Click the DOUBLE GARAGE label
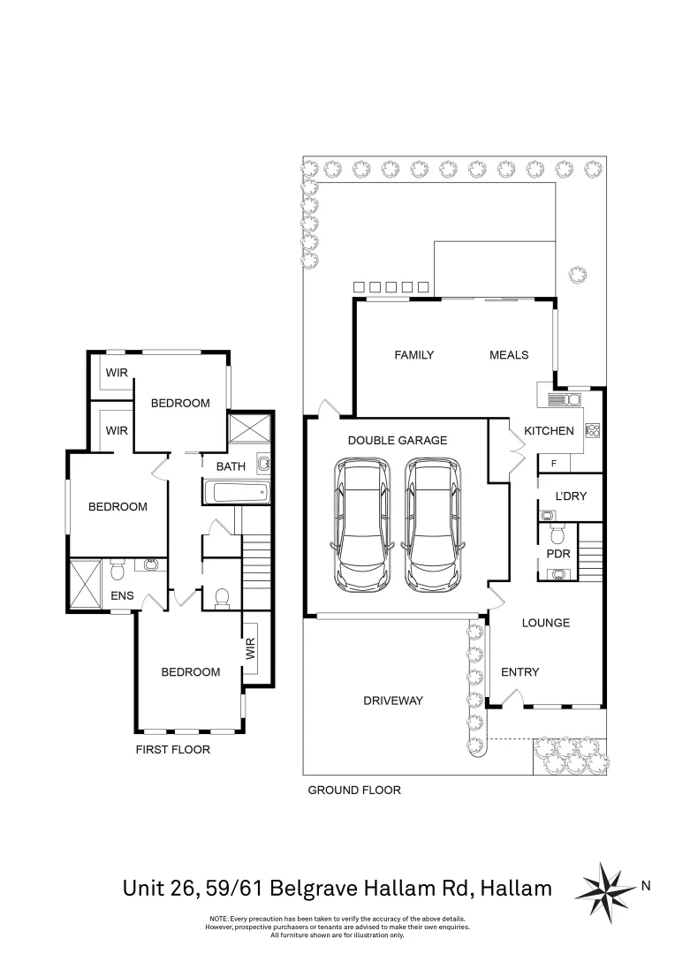pyautogui.click(x=397, y=440)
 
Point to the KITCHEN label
pyautogui.click(x=549, y=431)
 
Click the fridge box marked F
pyautogui.click(x=554, y=463)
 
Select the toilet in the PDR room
pyautogui.click(x=557, y=534)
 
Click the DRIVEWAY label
pyautogui.click(x=393, y=700)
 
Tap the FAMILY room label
pyautogui.click(x=413, y=355)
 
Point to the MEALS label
pyautogui.click(x=509, y=355)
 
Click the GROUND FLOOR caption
pyautogui.click(x=353, y=791)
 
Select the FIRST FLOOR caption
pyautogui.click(x=172, y=750)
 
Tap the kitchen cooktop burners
pyautogui.click(x=594, y=431)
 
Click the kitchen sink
pyautogui.click(x=557, y=399)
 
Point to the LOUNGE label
pyautogui.click(x=545, y=623)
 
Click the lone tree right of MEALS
pyautogui.click(x=578, y=276)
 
